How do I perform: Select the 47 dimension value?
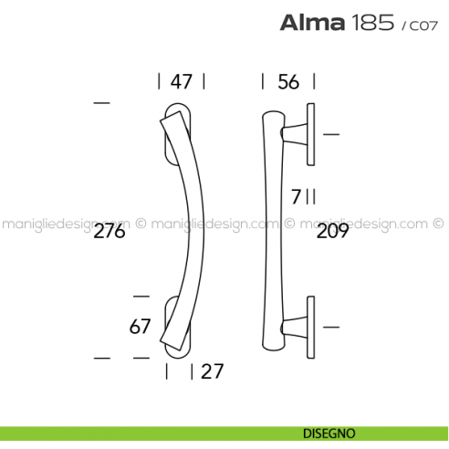point(181,82)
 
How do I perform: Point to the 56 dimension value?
point(288,82)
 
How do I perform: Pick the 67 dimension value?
point(140,326)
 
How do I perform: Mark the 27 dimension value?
point(212,371)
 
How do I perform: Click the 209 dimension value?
point(331,232)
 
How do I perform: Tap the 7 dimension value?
point(296,194)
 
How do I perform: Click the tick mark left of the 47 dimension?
point(159,82)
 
